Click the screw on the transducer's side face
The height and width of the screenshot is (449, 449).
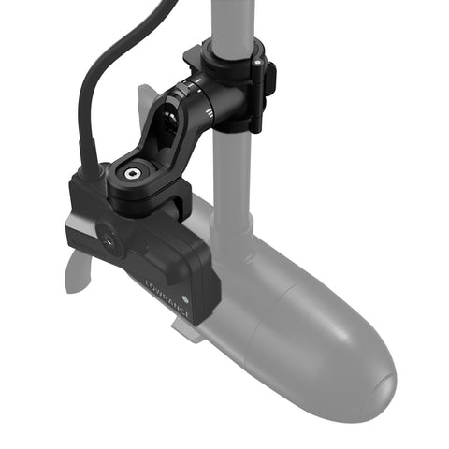[x=111, y=241]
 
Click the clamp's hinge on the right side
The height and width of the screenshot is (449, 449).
[x=267, y=80]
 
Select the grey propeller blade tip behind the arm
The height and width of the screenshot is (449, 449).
[x=147, y=98]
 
